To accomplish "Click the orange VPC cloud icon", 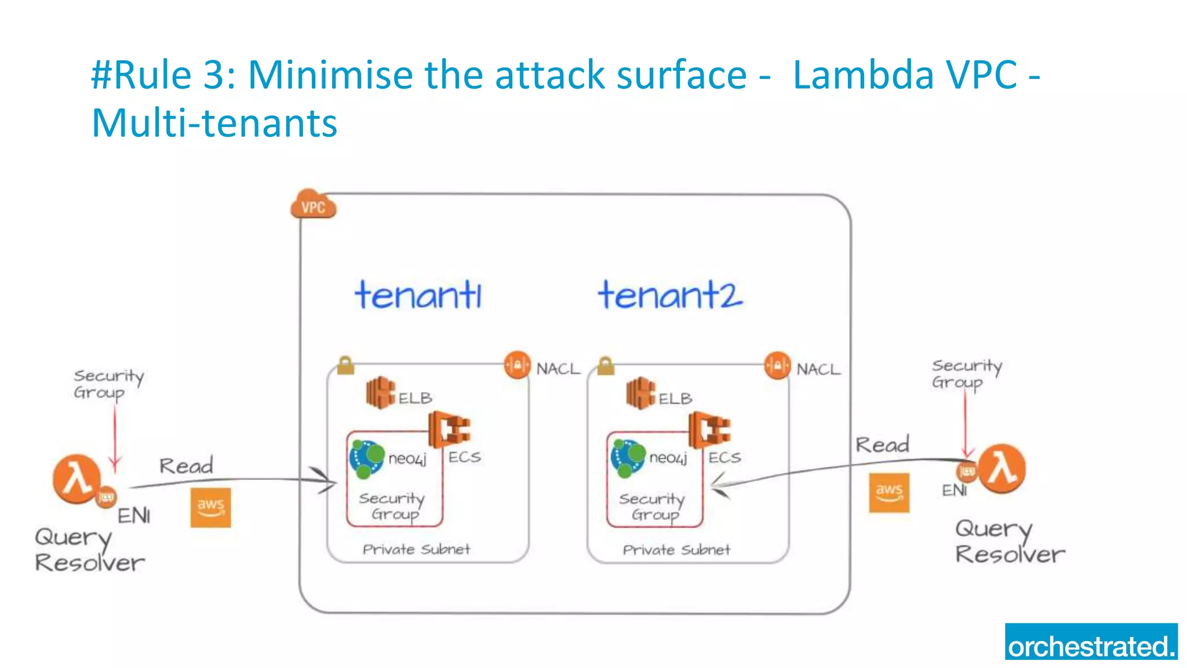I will pos(313,205).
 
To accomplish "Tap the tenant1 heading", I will pos(418,295).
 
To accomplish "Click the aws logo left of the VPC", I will pos(210,507).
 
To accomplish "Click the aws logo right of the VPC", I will pos(889,493).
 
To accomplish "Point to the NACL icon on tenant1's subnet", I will pos(517,365).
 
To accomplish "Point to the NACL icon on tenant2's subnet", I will pos(777,366).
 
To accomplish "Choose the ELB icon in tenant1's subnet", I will pos(380,393).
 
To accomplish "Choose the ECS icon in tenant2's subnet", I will pos(709,430).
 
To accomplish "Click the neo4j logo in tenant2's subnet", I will pos(628,458).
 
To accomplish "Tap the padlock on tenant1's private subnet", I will pos(345,365).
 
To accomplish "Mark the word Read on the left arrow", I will pos(187,466).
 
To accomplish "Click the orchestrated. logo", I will pos(1091,642).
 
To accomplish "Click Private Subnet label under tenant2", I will pos(676,550).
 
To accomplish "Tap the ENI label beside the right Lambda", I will pos(954,491).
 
